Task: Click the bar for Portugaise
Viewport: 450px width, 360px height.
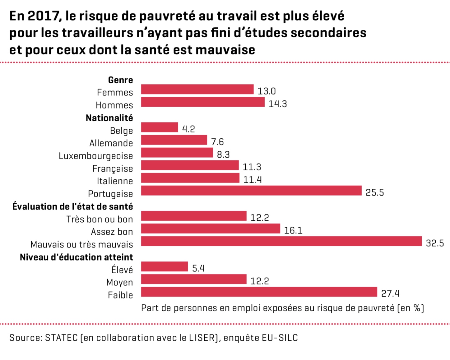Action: [x=251, y=191]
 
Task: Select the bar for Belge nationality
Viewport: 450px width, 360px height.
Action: [x=160, y=127]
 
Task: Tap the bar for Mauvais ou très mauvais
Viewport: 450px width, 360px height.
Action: [x=281, y=241]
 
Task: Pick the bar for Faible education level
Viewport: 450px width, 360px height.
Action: [x=259, y=292]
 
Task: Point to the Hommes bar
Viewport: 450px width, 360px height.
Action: [x=203, y=102]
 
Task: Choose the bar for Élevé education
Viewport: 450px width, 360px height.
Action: [x=165, y=267]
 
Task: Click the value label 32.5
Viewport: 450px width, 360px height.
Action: [x=435, y=243]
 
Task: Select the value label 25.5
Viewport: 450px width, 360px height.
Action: [x=375, y=192]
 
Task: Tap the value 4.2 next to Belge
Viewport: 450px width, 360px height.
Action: [x=188, y=129]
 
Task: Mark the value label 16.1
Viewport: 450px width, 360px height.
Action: [x=293, y=230]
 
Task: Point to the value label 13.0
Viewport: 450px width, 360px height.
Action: [x=267, y=91]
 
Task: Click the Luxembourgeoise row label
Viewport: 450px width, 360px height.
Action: [x=96, y=156]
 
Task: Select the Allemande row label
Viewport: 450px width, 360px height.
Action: [x=111, y=143]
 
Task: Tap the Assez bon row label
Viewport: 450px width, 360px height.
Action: [x=112, y=232]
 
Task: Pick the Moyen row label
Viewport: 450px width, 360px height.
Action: [x=120, y=282]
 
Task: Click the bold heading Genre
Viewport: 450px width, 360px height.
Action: [x=120, y=80]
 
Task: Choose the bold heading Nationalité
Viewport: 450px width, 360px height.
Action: [x=109, y=118]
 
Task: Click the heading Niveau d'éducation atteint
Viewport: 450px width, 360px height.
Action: [x=77, y=257]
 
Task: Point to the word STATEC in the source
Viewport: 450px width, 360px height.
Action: [x=61, y=338]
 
